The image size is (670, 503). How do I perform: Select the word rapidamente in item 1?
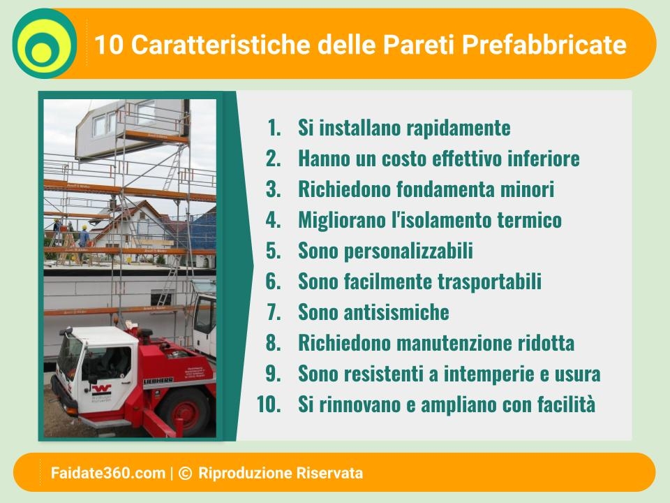[458, 128]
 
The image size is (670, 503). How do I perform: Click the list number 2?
[273, 159]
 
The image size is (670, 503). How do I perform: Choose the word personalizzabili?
[408, 251]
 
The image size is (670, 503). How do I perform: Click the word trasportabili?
[489, 282]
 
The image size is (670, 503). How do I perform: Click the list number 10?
[269, 404]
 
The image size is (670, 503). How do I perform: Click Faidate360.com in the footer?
[108, 473]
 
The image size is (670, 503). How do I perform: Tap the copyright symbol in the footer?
[185, 473]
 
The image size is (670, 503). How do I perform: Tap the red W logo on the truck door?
[101, 390]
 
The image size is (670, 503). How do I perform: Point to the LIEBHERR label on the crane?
[158, 381]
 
